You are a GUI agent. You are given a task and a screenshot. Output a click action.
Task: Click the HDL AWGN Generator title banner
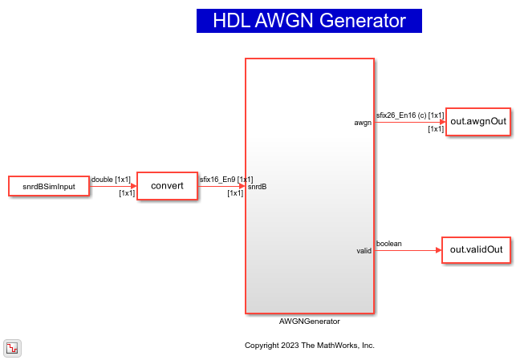click(x=309, y=21)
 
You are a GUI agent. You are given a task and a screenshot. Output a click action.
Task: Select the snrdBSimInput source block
click(x=48, y=186)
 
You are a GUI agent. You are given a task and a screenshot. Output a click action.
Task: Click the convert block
click(x=167, y=186)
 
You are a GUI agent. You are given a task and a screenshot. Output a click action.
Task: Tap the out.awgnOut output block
click(x=478, y=121)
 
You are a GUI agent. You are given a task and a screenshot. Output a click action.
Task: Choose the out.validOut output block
click(x=477, y=249)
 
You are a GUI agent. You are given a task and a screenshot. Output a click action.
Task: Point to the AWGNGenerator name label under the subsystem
click(x=309, y=322)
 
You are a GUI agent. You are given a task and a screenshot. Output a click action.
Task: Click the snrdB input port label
click(x=258, y=187)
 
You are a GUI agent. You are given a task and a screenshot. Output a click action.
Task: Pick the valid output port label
click(x=364, y=251)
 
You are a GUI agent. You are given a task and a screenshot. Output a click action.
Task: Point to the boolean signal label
click(x=389, y=243)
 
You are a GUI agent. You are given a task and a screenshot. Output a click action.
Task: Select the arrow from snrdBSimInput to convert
click(x=112, y=186)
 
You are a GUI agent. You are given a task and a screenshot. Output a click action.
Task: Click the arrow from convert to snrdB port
click(x=221, y=186)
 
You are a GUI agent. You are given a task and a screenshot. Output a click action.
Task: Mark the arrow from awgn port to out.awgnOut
click(x=409, y=122)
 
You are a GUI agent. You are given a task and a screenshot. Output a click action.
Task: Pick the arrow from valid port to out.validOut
click(x=408, y=250)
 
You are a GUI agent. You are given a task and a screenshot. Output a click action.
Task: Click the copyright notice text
click(x=309, y=346)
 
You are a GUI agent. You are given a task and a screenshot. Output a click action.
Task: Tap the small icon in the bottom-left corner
click(x=13, y=347)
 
